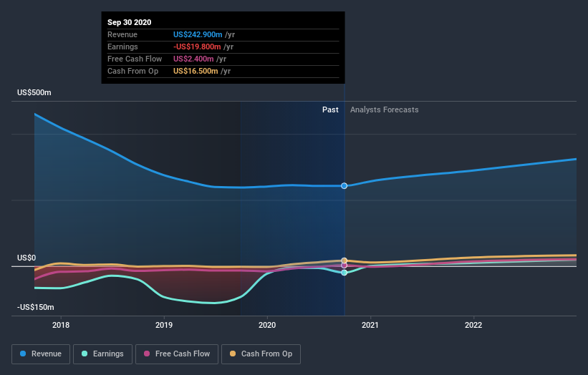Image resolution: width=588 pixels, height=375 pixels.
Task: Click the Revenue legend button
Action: [42, 354]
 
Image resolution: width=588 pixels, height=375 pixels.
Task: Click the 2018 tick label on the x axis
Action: [61, 324]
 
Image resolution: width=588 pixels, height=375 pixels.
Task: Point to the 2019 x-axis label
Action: [164, 324]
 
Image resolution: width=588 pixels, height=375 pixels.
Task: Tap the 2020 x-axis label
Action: [267, 324]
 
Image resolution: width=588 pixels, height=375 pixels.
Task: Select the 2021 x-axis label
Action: [370, 324]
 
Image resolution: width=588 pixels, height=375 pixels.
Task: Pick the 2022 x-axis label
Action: [473, 324]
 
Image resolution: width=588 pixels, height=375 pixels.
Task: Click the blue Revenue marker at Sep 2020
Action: [344, 186]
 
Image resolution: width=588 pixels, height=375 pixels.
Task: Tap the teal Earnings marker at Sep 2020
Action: [344, 273]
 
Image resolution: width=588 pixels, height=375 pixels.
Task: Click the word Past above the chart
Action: [330, 110]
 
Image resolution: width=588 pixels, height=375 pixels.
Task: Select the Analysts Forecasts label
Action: [385, 110]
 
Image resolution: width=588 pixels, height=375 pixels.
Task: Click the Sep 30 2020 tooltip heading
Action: [130, 22]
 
